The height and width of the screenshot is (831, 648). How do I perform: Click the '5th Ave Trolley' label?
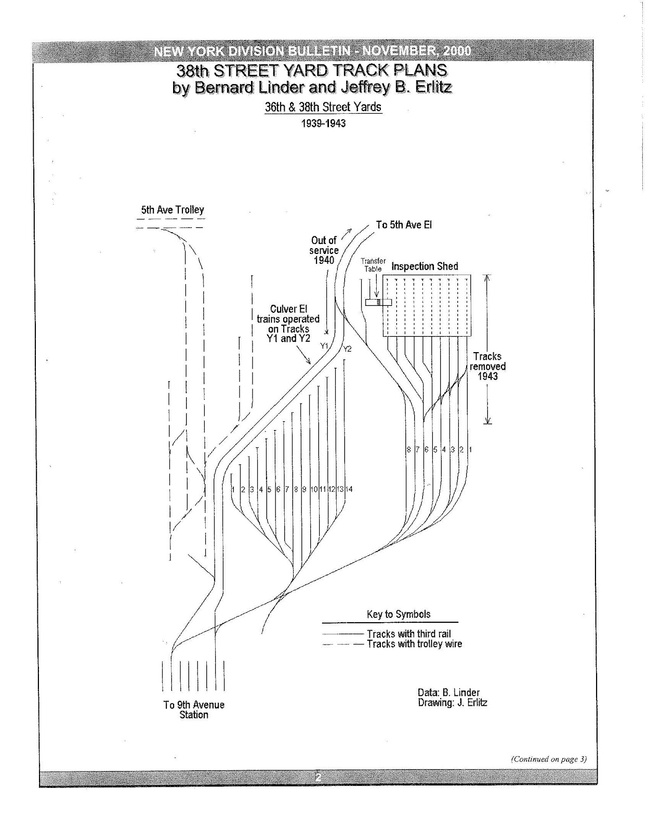(173, 210)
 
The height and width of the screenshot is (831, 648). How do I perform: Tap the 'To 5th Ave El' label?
(404, 225)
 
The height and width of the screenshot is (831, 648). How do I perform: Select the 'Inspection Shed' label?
(425, 266)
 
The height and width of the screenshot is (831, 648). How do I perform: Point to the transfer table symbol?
(378, 302)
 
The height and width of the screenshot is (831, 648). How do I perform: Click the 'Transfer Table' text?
(373, 265)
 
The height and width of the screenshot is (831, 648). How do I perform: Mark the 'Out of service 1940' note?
(324, 250)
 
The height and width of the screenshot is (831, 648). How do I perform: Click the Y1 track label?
(324, 345)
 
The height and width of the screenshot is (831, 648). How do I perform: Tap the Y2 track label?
(348, 349)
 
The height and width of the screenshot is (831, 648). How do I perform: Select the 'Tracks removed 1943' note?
(487, 366)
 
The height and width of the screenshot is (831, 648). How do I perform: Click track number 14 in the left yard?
(349, 489)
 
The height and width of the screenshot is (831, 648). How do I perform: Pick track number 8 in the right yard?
(409, 449)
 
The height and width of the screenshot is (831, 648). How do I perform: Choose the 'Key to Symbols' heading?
(399, 614)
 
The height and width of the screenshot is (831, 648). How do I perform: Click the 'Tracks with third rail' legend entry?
(408, 634)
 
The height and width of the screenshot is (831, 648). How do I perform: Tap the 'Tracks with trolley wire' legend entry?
(414, 644)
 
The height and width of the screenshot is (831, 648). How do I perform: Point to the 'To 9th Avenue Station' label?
(194, 709)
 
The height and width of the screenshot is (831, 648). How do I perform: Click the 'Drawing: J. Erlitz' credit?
(452, 703)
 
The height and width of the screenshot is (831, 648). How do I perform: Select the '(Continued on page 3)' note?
(549, 759)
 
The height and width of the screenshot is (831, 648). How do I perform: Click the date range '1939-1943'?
(323, 124)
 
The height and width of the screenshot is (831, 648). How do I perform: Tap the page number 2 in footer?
(318, 777)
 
